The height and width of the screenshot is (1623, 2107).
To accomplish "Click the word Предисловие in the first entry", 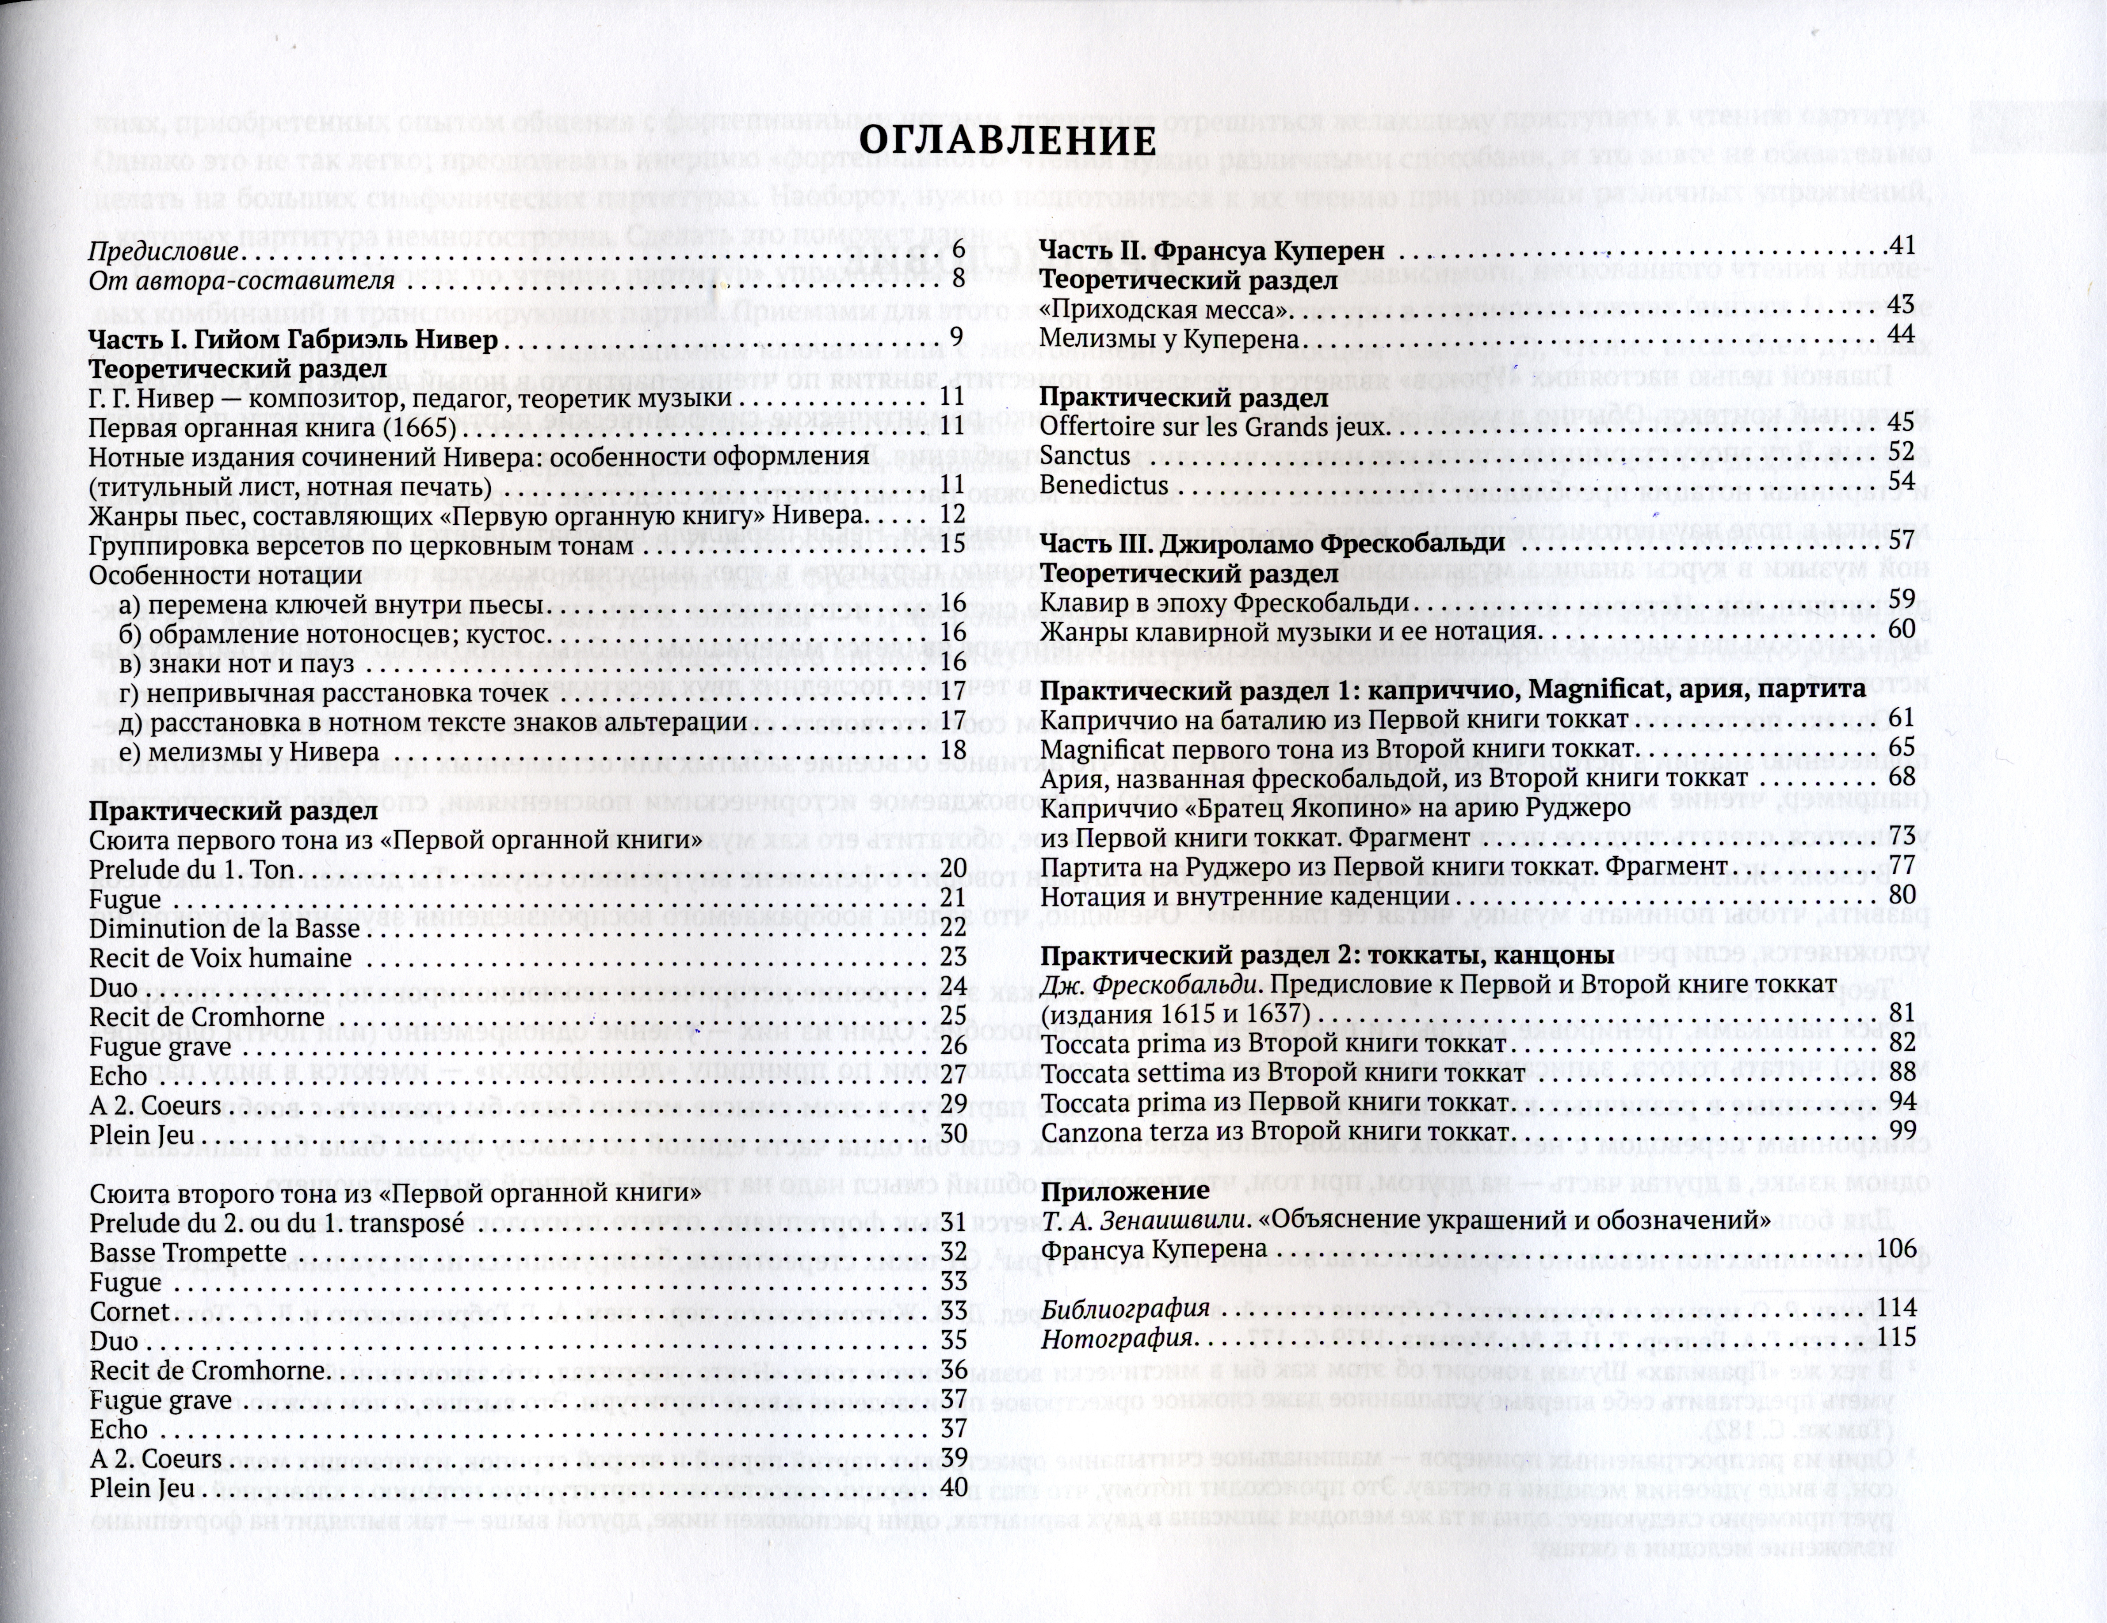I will (163, 253).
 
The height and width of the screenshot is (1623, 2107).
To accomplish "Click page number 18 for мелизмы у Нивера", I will (952, 751).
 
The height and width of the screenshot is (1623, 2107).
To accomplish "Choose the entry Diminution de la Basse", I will (224, 929).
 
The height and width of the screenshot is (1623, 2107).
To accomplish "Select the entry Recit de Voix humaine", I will (220, 958).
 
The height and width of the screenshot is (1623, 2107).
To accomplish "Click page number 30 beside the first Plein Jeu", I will (952, 1135).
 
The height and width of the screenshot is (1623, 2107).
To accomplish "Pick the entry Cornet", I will (129, 1312).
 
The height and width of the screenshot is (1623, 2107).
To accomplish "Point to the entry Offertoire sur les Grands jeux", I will (1215, 425).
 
